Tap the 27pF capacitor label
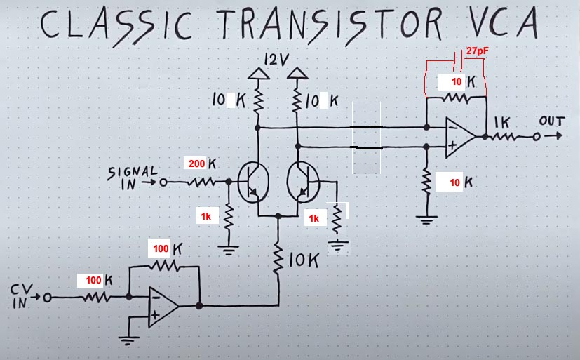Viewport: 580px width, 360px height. pos(478,51)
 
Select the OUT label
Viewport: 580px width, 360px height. pos(551,121)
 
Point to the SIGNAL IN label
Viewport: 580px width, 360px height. pos(132,178)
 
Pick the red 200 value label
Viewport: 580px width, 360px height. pos(196,164)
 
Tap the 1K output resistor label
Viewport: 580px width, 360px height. pos(501,122)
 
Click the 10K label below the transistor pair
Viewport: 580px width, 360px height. pos(303,261)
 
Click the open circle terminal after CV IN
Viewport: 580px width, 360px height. pos(48,298)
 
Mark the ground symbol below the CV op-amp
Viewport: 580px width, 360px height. pos(128,341)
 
